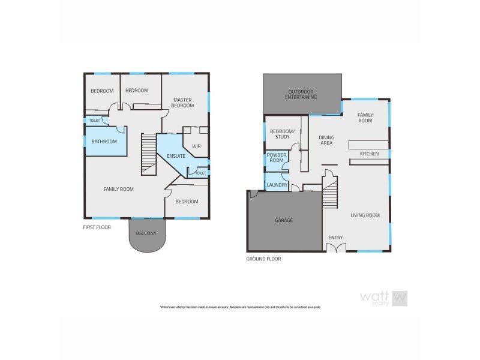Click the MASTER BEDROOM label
point(183,103)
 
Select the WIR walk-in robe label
point(196,146)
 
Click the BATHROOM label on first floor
point(103,142)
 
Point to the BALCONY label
point(146,233)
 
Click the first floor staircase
point(148,155)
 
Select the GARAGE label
point(284,220)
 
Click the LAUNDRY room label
point(277,185)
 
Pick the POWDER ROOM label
point(277,158)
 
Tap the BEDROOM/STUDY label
point(281,134)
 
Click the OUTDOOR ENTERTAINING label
point(301,94)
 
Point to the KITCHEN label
point(369,154)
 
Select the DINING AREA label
point(326,140)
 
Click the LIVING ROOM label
point(365,215)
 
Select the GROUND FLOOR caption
point(263,259)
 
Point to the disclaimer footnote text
point(240,307)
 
